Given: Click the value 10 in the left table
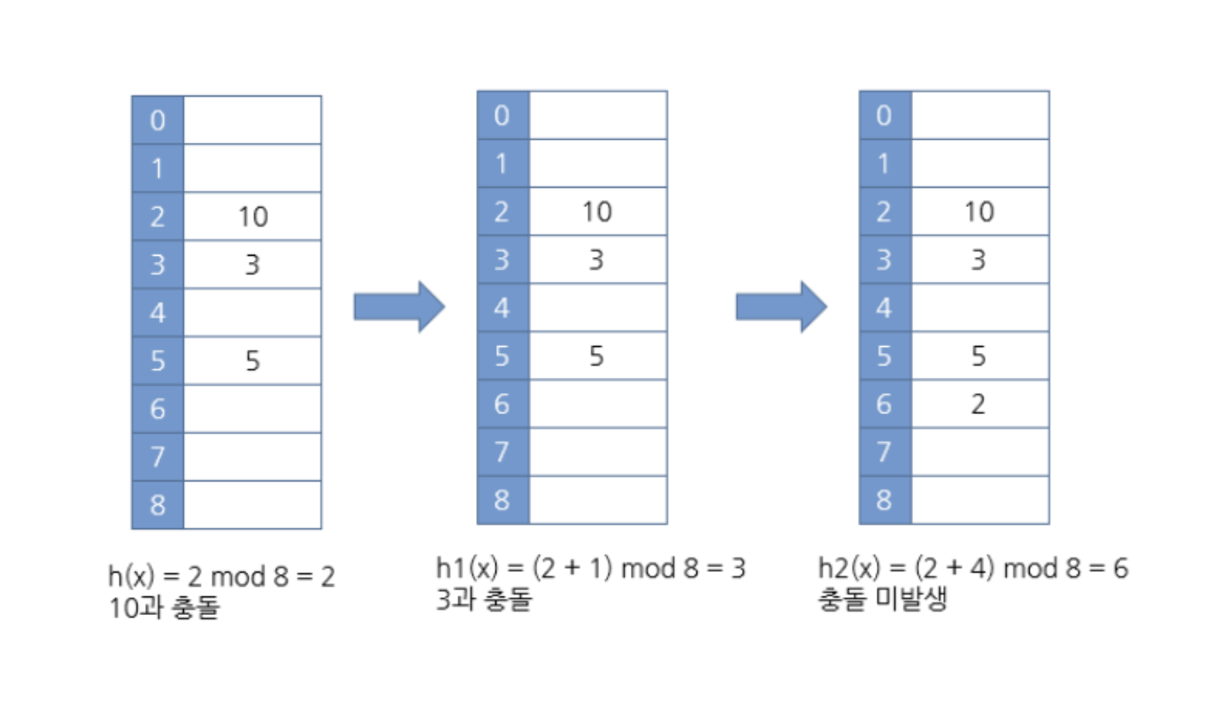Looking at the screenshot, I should point(252,217).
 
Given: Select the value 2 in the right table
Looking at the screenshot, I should point(978,404).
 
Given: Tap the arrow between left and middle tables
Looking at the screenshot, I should point(398,307).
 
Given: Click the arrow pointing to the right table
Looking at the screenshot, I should point(780,307).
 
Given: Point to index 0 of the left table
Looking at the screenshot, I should point(157,120).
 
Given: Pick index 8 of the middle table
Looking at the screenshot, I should point(503,500).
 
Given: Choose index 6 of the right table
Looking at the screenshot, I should point(884,404).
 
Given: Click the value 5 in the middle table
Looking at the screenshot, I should point(596,356).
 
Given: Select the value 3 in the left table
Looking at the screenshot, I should point(252,265).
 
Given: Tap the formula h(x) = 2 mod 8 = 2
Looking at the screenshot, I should point(221,577).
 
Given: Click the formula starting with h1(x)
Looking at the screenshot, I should point(590,568).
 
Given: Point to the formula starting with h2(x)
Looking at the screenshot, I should point(972,568).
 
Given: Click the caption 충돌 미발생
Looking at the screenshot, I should point(883,601).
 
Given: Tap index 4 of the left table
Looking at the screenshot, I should point(157,312).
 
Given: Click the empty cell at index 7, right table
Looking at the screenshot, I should point(979,452).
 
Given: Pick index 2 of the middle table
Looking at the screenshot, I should point(503,211).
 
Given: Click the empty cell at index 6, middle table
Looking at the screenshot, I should point(597,404).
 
